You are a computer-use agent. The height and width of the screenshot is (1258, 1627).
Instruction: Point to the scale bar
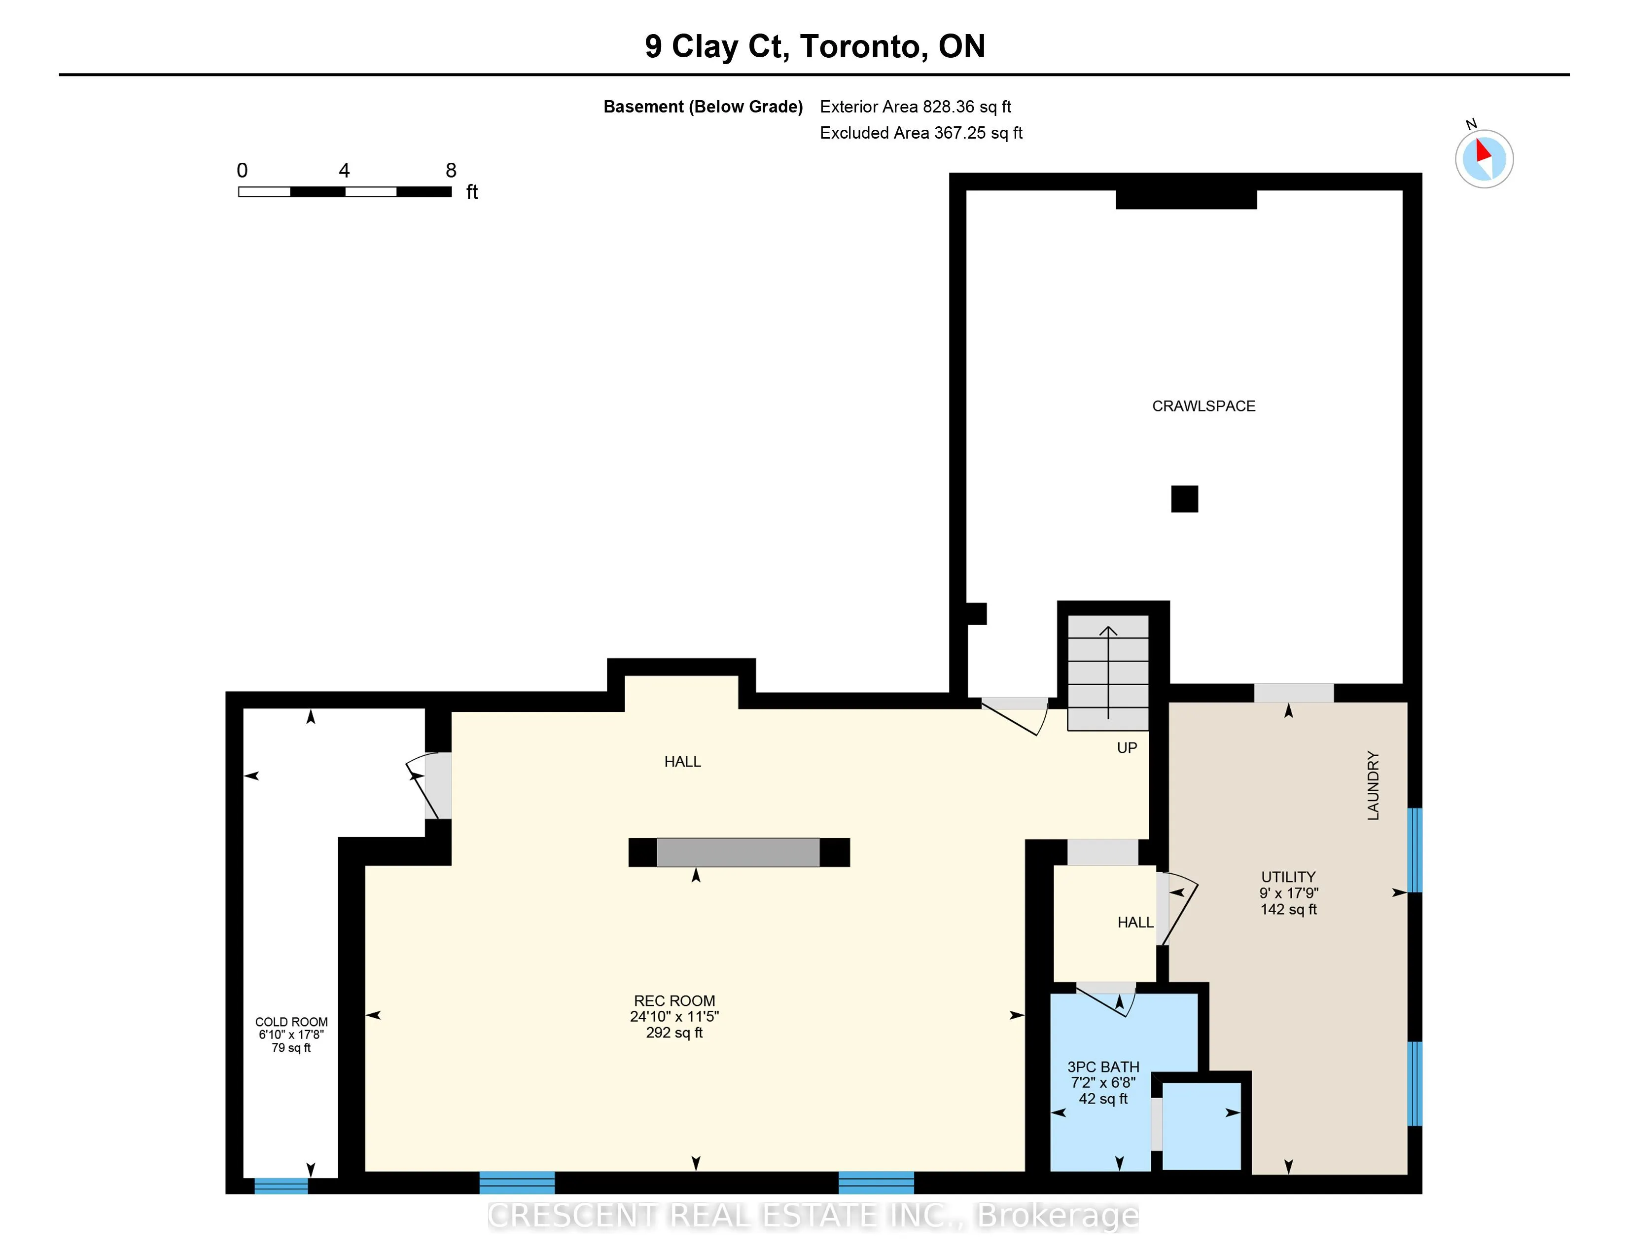345,191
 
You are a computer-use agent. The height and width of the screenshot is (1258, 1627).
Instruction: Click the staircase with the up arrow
1108,672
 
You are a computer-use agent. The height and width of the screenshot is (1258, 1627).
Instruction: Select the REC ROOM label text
674,1001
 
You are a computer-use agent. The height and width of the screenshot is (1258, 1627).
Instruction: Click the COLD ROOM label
291,1022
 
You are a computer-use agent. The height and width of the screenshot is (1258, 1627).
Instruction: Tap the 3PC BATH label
1103,1067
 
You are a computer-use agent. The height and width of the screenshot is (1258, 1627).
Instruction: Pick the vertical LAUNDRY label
1373,785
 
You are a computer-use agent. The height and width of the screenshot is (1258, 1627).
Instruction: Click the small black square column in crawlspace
1184,499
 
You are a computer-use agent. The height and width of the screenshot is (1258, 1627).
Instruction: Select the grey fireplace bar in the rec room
738,852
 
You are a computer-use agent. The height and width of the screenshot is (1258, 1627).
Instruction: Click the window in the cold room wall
281,1185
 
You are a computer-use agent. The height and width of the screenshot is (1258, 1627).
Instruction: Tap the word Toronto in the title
864,46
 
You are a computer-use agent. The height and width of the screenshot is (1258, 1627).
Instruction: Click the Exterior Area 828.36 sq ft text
916,107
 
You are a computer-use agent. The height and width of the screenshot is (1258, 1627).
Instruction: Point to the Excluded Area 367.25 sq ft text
921,133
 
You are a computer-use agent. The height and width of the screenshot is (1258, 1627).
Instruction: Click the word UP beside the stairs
1127,747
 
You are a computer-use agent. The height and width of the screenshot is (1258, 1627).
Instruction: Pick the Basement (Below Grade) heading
703,107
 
